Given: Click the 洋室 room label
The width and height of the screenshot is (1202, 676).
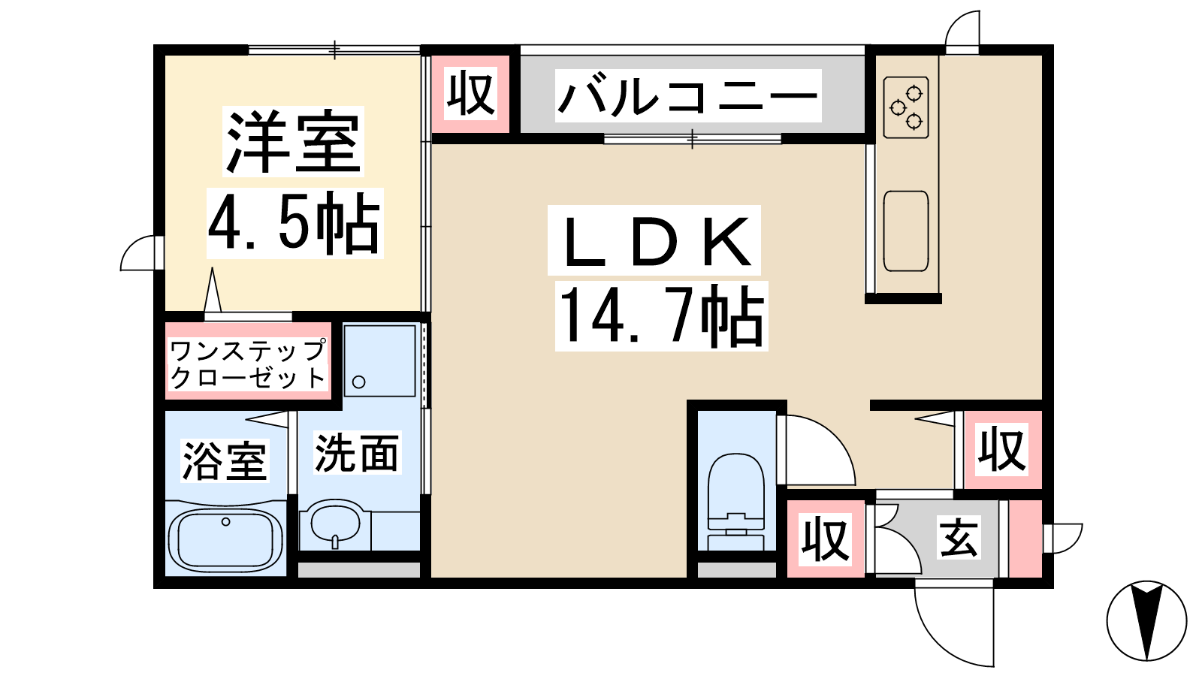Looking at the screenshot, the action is pyautogui.click(x=293, y=142).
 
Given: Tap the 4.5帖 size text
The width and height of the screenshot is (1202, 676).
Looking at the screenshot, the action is pyautogui.click(x=294, y=223).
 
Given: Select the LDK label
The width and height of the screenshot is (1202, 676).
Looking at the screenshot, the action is pyautogui.click(x=654, y=240).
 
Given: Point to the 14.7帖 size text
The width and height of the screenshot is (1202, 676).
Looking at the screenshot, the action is pyautogui.click(x=661, y=315).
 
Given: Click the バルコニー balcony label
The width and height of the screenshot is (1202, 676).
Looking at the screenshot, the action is pyautogui.click(x=688, y=95).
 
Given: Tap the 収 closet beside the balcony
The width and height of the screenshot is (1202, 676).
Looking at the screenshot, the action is pyautogui.click(x=470, y=95).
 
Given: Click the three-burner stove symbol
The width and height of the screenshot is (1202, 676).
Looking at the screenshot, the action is pyautogui.click(x=906, y=107).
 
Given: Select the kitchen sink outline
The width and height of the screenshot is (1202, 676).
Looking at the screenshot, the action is pyautogui.click(x=906, y=231).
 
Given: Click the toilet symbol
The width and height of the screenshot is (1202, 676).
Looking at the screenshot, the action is pyautogui.click(x=736, y=502).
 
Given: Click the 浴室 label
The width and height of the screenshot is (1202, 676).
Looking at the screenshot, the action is pyautogui.click(x=225, y=461).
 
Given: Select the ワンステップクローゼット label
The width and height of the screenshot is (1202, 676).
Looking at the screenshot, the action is pyautogui.click(x=247, y=364).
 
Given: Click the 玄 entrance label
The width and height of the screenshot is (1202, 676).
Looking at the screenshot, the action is pyautogui.click(x=959, y=536).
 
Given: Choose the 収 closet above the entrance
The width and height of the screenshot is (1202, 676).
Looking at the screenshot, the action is pyautogui.click(x=1002, y=450).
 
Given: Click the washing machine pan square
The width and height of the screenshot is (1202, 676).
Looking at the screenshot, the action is pyautogui.click(x=380, y=361).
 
